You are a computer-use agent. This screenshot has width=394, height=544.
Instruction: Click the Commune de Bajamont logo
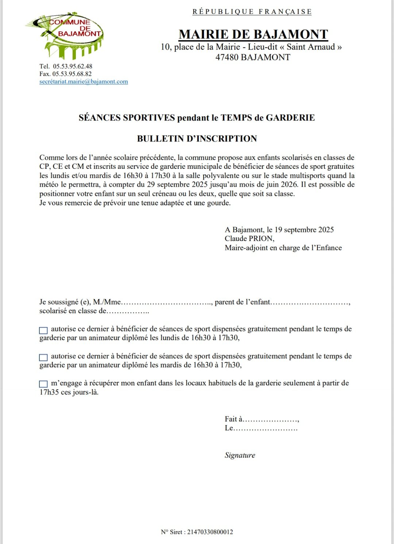(66, 36)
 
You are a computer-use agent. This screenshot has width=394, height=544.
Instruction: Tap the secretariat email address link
(84, 82)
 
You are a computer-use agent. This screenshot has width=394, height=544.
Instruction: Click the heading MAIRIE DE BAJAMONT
(253, 34)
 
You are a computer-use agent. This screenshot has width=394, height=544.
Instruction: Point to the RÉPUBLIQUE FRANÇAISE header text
(252, 12)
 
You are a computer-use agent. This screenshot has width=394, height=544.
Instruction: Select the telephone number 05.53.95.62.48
(73, 66)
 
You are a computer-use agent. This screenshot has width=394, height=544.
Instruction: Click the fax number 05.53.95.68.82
(72, 74)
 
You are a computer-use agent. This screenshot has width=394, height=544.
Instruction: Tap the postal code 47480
(227, 57)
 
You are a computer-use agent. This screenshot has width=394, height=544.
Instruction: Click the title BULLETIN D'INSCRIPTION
(197, 139)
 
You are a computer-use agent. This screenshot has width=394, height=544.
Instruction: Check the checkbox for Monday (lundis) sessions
(43, 330)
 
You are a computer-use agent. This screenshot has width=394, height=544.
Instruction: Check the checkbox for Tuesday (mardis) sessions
(43, 357)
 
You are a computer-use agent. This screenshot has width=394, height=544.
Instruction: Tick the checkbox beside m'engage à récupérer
(43, 384)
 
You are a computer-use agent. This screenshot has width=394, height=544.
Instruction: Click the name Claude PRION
(249, 239)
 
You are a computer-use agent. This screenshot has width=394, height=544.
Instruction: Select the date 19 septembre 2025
(304, 230)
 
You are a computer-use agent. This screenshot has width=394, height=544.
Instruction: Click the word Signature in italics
(240, 455)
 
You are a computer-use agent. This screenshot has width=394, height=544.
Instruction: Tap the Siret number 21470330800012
(210, 532)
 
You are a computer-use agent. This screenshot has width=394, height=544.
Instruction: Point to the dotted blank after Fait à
(271, 420)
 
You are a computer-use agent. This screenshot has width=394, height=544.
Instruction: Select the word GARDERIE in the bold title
(290, 118)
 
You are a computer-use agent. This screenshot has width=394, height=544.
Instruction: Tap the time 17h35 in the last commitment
(49, 393)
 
